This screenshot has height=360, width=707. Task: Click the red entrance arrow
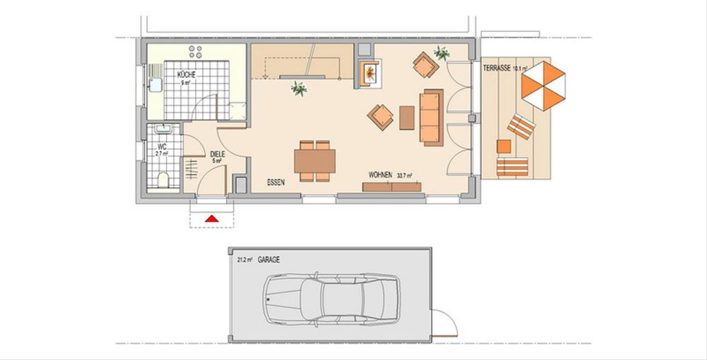[212, 219]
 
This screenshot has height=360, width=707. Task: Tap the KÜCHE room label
[186, 75]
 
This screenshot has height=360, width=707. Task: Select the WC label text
[162, 147]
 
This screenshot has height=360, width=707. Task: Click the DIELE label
[217, 154]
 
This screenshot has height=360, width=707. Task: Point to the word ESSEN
[276, 182]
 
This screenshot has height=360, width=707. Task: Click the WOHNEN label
[381, 175]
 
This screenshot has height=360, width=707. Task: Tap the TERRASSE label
[497, 68]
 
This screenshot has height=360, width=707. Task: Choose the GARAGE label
[269, 260]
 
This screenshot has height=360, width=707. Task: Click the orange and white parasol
[543, 86]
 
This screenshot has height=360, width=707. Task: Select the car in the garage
[332, 299]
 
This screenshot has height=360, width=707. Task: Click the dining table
[315, 161]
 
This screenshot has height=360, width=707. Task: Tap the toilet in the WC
[163, 180]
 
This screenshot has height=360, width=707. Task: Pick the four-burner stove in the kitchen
[195, 52]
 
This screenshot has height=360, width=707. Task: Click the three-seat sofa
[431, 118]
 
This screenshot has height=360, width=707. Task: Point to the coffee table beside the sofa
[407, 118]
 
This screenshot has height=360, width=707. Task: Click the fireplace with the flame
[370, 74]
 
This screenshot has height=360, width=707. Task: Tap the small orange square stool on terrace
[504, 146]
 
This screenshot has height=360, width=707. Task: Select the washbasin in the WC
[163, 128]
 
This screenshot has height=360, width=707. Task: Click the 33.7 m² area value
[405, 176]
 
